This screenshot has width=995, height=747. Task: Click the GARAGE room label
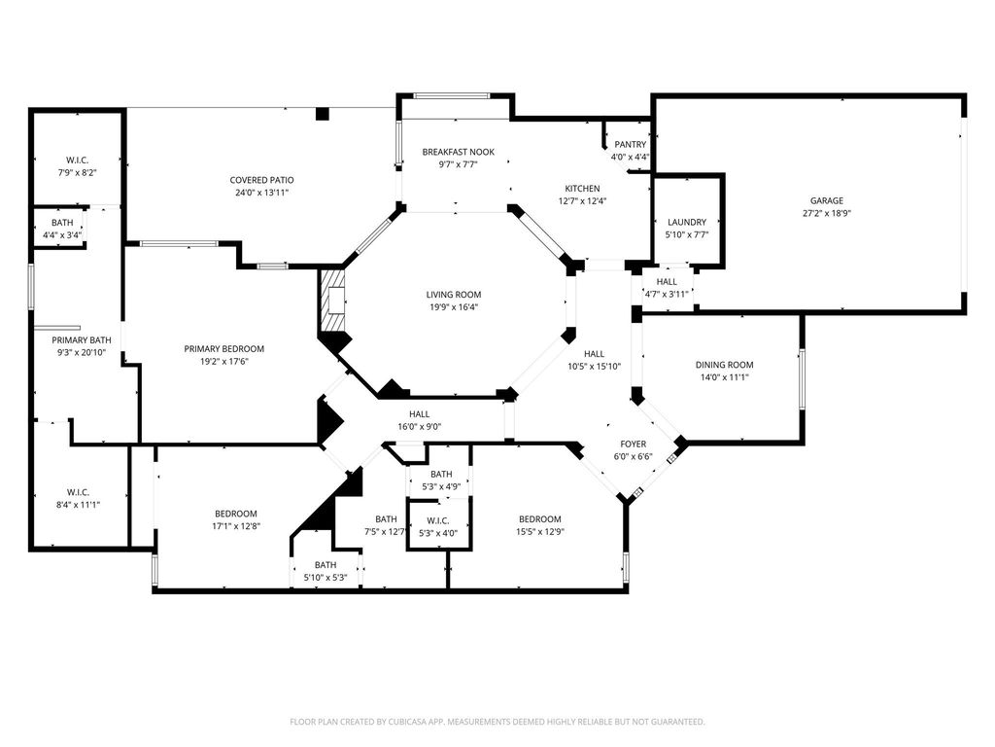pos(826,200)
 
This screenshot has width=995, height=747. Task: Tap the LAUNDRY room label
pos(687,223)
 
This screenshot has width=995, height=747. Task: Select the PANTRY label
pos(630,145)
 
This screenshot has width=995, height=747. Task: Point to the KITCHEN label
pos(583,189)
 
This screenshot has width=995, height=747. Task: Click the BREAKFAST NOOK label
pos(459,152)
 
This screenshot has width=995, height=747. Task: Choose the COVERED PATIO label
pos(261,180)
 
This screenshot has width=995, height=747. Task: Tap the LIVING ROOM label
pos(454,295)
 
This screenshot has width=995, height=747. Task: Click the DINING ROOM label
pos(724,365)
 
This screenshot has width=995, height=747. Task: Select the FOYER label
pos(634,445)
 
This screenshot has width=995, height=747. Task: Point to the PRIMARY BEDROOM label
pos(224,349)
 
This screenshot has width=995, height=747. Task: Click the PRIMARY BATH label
pos(82,340)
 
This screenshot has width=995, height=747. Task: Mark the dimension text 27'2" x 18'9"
pos(826,213)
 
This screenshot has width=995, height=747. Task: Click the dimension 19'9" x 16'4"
pos(454,307)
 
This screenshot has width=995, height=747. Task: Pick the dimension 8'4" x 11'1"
pos(78,505)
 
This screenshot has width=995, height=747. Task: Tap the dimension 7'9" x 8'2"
pos(78,172)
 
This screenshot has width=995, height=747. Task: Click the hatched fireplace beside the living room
pos(332,301)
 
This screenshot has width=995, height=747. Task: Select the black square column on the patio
pos(323,114)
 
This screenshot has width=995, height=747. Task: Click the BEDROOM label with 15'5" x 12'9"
pos(540,519)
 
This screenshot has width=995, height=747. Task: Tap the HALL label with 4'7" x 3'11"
pos(667,282)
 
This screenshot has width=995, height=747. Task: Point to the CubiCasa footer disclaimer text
pos(497,722)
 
